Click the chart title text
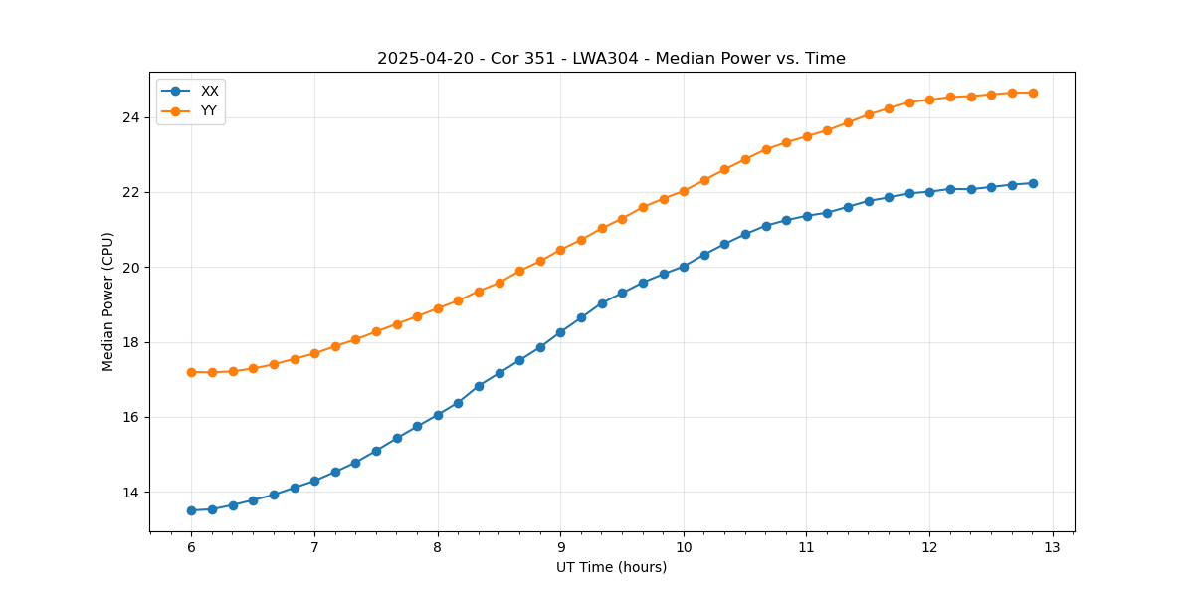pyautogui.click(x=611, y=59)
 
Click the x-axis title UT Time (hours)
pyautogui.click(x=611, y=567)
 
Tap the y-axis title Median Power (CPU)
pyautogui.click(x=108, y=301)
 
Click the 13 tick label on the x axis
pyautogui.click(x=1053, y=547)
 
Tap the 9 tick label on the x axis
pyautogui.click(x=560, y=547)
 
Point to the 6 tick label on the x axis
pyautogui.click(x=191, y=547)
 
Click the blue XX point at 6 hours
pyautogui.click(x=191, y=510)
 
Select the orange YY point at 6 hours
pyautogui.click(x=191, y=372)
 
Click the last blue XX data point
pyautogui.click(x=1033, y=183)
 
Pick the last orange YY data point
pyautogui.click(x=1033, y=93)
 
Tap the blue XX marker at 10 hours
pyautogui.click(x=684, y=267)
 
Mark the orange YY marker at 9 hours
pyautogui.click(x=560, y=250)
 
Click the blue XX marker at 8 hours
pyautogui.click(x=438, y=415)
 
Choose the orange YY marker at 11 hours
pyautogui.click(x=807, y=136)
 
